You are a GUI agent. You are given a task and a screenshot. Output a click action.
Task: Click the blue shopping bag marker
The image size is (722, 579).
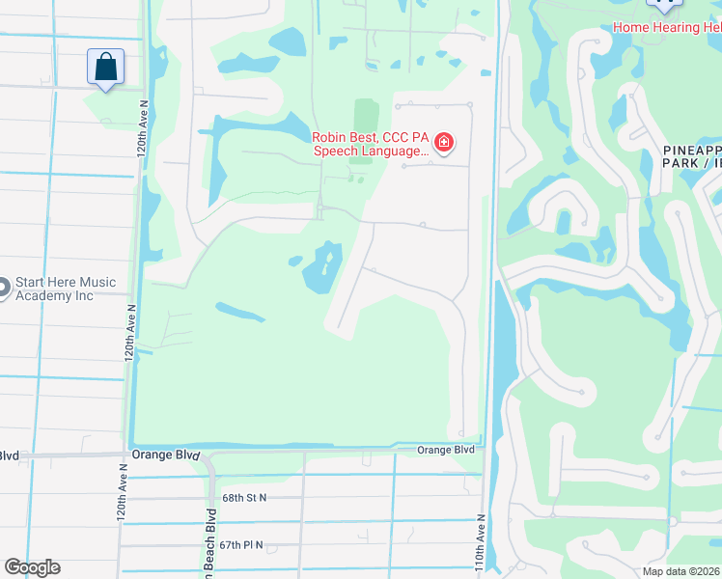(105, 68)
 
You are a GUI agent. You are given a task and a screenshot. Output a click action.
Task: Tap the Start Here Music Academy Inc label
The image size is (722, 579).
(66, 289)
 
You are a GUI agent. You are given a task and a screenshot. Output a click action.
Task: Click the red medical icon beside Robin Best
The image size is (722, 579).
(443, 144)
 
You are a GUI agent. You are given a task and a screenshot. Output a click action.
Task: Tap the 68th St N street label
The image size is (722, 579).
(243, 498)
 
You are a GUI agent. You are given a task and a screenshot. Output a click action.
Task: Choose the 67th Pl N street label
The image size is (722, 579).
(241, 545)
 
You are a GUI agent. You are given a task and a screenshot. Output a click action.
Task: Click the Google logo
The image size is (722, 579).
(32, 567)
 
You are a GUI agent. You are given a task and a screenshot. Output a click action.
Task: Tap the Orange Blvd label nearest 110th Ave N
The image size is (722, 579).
(446, 450)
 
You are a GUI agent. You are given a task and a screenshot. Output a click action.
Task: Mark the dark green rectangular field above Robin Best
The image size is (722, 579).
(365, 117)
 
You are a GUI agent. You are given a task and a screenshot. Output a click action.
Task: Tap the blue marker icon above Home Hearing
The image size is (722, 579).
(663, 5)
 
